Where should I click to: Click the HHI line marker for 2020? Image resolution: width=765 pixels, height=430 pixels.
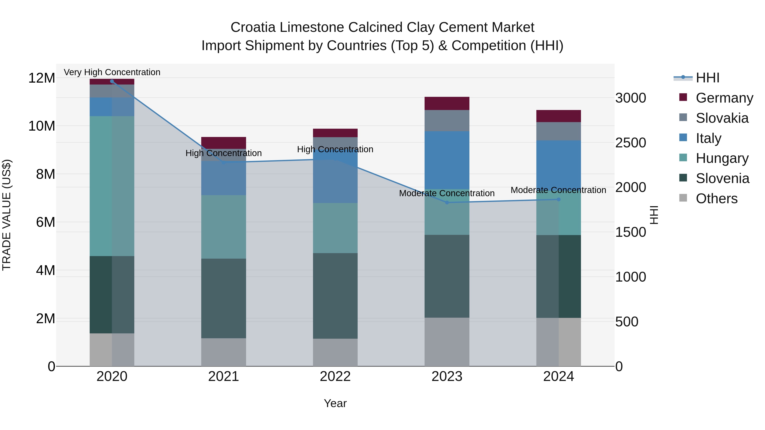coord(112,81)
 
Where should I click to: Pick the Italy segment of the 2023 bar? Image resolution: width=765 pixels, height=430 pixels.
coord(447,160)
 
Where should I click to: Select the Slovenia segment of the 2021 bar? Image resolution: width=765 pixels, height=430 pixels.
coord(224,298)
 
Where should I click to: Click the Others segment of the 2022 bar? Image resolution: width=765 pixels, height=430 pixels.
coord(335,352)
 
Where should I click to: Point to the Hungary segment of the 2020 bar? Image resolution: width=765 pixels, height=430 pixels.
coord(112,186)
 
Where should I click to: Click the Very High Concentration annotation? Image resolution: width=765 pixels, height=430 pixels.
coord(112,72)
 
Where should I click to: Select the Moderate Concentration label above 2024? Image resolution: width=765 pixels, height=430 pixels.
coord(558,190)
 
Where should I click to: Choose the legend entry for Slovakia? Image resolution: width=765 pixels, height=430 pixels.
coord(722,118)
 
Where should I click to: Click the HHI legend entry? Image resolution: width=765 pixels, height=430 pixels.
coord(707,78)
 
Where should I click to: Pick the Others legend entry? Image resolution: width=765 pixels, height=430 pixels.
coord(716,199)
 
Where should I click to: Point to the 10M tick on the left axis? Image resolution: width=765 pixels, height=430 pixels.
coord(42,126)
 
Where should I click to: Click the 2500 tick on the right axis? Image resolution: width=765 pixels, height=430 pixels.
coord(630,143)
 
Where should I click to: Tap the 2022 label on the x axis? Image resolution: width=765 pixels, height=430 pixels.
coord(335,376)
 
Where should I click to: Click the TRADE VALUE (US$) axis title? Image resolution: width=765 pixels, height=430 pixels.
coord(7,215)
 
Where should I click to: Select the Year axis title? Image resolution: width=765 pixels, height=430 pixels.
coord(335,403)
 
